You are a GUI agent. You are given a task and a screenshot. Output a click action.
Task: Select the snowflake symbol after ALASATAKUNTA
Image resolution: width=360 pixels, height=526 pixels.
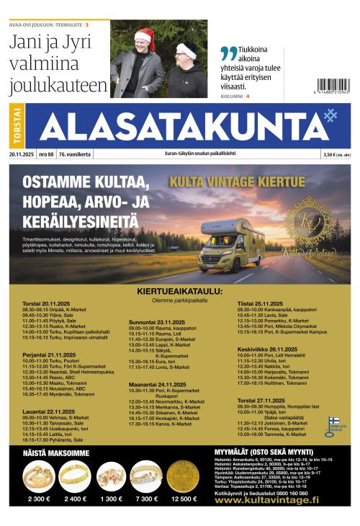[x=330, y=117]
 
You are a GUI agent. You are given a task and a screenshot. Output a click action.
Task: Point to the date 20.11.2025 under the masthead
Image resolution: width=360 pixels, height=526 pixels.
[x=22, y=154]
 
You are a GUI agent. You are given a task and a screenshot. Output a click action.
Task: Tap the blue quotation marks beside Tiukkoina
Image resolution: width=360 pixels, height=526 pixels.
[x=228, y=53]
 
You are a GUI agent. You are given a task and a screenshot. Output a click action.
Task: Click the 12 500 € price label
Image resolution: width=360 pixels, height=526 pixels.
[x=183, y=499]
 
